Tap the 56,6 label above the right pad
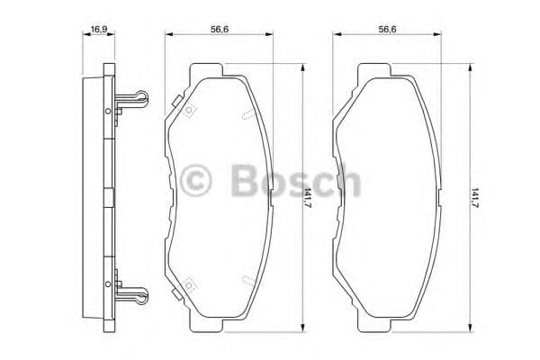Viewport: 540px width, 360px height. tap(388, 30)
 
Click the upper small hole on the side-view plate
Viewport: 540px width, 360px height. tap(108, 111)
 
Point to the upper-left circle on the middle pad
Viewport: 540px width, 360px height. tap(189, 112)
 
